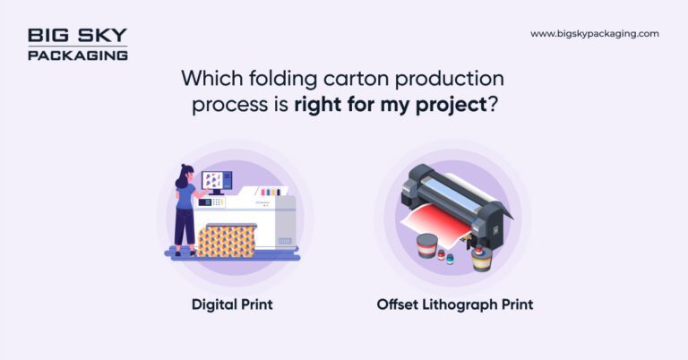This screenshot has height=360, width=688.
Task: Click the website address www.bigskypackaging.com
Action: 594,34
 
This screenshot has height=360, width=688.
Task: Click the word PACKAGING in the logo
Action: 77,55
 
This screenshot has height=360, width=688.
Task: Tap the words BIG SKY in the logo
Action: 77,36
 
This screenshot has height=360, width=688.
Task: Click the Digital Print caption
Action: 232,304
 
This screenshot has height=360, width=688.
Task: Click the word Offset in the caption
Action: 397,304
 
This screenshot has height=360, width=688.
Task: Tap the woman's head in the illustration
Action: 185,173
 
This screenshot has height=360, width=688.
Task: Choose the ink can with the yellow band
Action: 482,258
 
